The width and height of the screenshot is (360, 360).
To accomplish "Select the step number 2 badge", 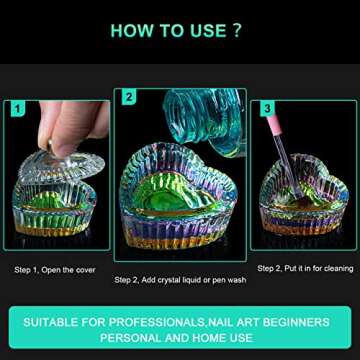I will [129, 97].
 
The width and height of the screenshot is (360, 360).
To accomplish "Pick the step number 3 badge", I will [266, 108].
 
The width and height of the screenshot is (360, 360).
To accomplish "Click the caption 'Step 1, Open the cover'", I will [54, 269].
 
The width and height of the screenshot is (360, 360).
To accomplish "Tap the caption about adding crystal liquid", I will [180, 279].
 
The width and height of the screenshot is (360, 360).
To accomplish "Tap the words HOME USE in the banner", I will [225, 338].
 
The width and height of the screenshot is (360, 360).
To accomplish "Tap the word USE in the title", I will [200, 30].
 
